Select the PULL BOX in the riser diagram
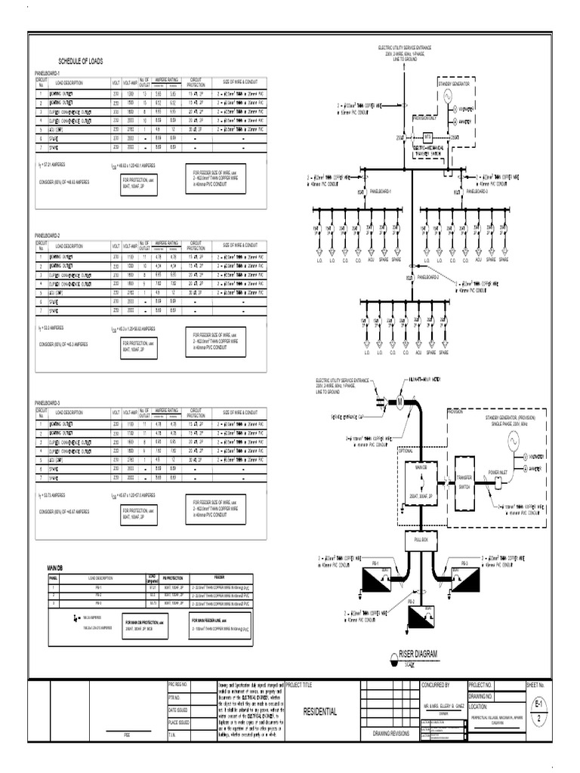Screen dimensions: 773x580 tap(416, 540)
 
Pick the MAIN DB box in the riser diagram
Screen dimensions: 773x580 tap(416, 483)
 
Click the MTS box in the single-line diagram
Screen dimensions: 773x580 tap(427, 137)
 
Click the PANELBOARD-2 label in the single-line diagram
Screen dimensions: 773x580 tap(476, 192)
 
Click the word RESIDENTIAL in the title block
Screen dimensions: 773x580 tap(320, 712)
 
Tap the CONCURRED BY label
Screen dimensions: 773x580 tap(436, 685)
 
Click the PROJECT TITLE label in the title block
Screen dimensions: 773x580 tap(318, 685)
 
